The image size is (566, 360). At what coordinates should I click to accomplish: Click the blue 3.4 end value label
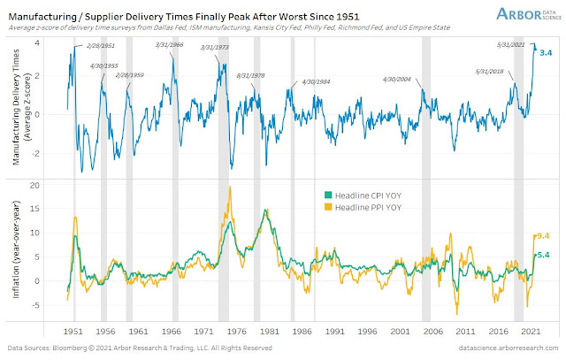[x=546, y=55]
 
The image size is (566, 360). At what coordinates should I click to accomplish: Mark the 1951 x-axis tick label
[x=73, y=331]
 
